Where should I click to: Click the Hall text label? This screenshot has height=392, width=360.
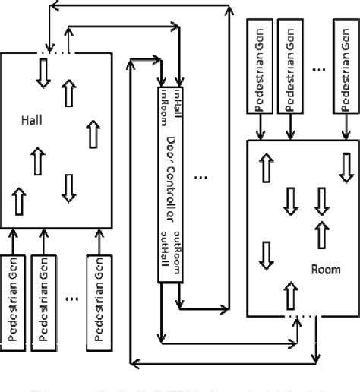coord(31,119)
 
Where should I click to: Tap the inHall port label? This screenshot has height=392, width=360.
coord(179,102)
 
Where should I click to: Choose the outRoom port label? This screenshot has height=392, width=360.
coord(179,254)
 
